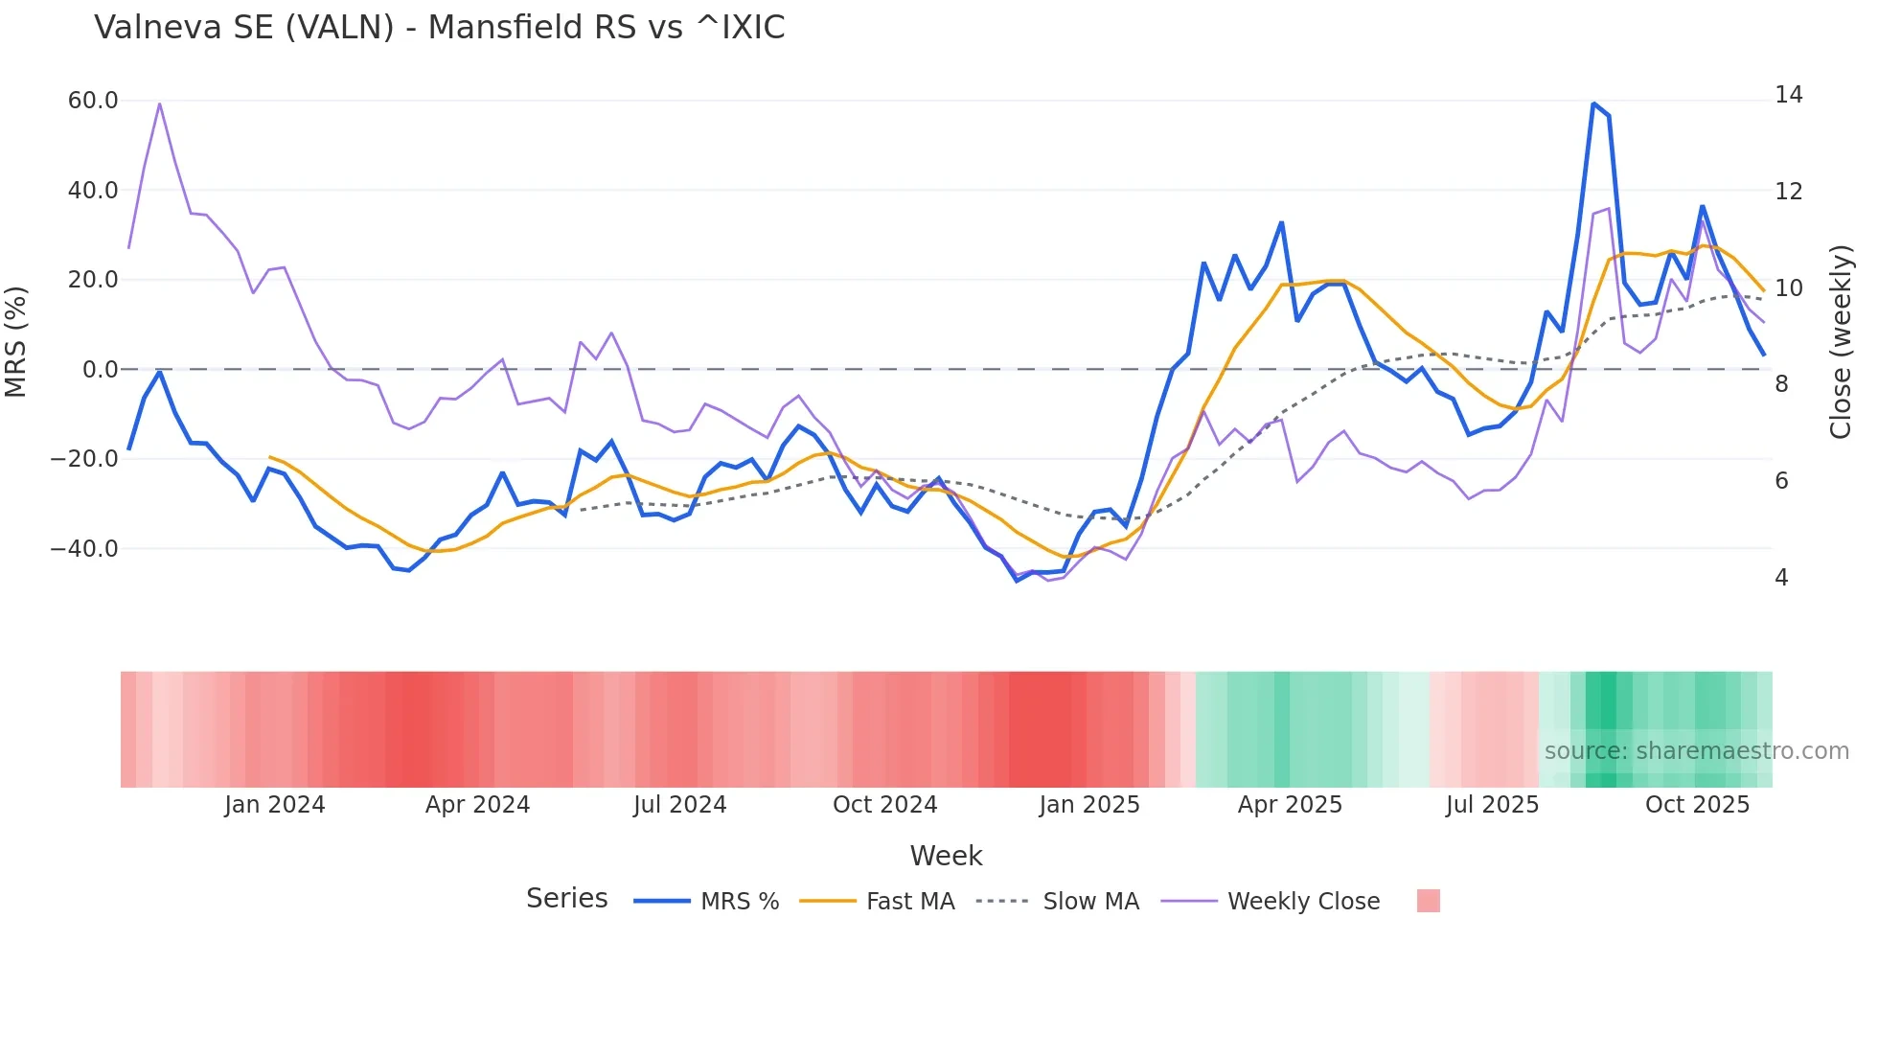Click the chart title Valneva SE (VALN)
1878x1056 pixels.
pyautogui.click(x=439, y=28)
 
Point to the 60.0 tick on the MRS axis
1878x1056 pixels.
pyautogui.click(x=93, y=101)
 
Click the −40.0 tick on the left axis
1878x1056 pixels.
pyautogui.click(x=84, y=549)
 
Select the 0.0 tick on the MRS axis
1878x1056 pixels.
pyautogui.click(x=101, y=370)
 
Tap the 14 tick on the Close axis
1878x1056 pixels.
pyautogui.click(x=1788, y=95)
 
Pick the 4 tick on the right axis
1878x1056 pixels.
pyautogui.click(x=1781, y=578)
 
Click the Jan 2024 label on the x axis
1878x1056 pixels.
pyautogui.click(x=275, y=805)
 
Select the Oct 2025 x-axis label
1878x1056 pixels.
pyautogui.click(x=1697, y=805)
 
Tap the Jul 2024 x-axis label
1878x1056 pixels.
pyautogui.click(x=679, y=805)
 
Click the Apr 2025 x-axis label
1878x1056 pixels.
pyautogui.click(x=1290, y=805)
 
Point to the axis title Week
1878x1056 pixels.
pyautogui.click(x=946, y=856)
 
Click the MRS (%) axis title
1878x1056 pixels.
pyautogui.click(x=16, y=342)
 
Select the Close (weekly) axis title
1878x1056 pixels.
pyautogui.click(x=1840, y=342)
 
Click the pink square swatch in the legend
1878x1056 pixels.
pyautogui.click(x=1428, y=901)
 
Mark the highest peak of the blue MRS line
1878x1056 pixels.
pyautogui.click(x=1592, y=103)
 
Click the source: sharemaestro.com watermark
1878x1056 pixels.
pyautogui.click(x=1696, y=751)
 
